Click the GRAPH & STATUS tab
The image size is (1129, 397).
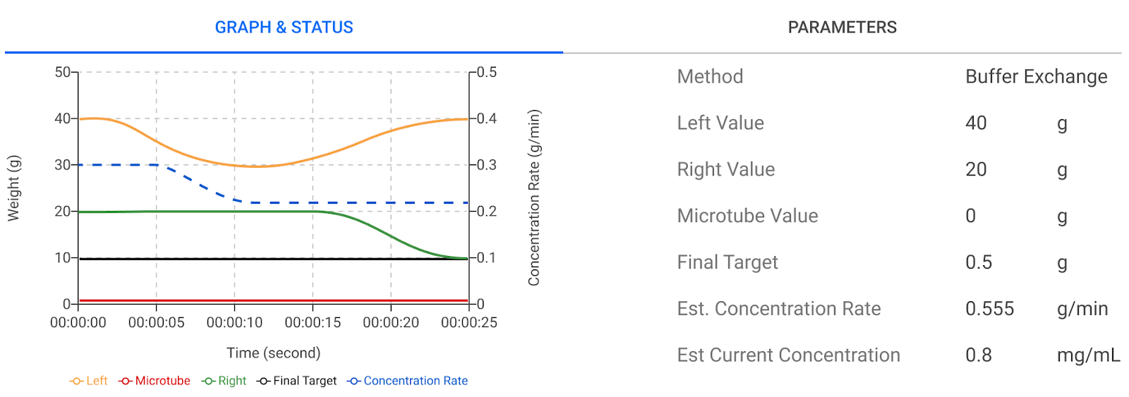tap(284, 28)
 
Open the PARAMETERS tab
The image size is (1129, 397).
tap(842, 28)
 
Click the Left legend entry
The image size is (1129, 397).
tap(89, 381)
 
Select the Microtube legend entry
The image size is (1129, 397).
tap(155, 381)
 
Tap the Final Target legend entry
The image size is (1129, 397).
tap(297, 381)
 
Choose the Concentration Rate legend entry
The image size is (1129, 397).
tap(408, 381)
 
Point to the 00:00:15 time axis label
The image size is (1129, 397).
tap(313, 323)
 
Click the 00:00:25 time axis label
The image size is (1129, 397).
tap(469, 323)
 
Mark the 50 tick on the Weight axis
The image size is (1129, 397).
tap(62, 72)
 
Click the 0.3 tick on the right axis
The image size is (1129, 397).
tap(487, 165)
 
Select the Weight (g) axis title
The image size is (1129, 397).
tap(13, 188)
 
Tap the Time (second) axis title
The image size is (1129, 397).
tap(273, 353)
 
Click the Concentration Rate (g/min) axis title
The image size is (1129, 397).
tap(534, 197)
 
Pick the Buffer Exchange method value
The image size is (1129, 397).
tap(1036, 76)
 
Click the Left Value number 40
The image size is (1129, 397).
tap(976, 123)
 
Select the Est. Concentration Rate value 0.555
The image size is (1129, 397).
tap(989, 309)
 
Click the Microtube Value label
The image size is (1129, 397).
tap(747, 216)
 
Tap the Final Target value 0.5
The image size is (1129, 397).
tap(979, 262)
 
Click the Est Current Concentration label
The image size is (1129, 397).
tap(788, 355)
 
